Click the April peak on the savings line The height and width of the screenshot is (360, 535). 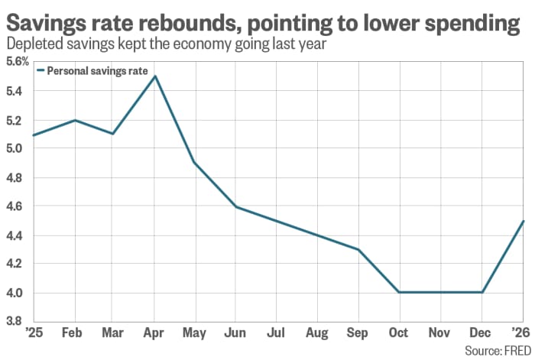(x=155, y=76)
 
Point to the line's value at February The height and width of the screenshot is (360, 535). (x=74, y=120)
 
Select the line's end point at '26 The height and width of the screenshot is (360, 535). (x=523, y=221)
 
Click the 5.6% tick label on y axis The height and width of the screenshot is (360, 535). (x=16, y=62)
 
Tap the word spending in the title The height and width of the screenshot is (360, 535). (x=477, y=23)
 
